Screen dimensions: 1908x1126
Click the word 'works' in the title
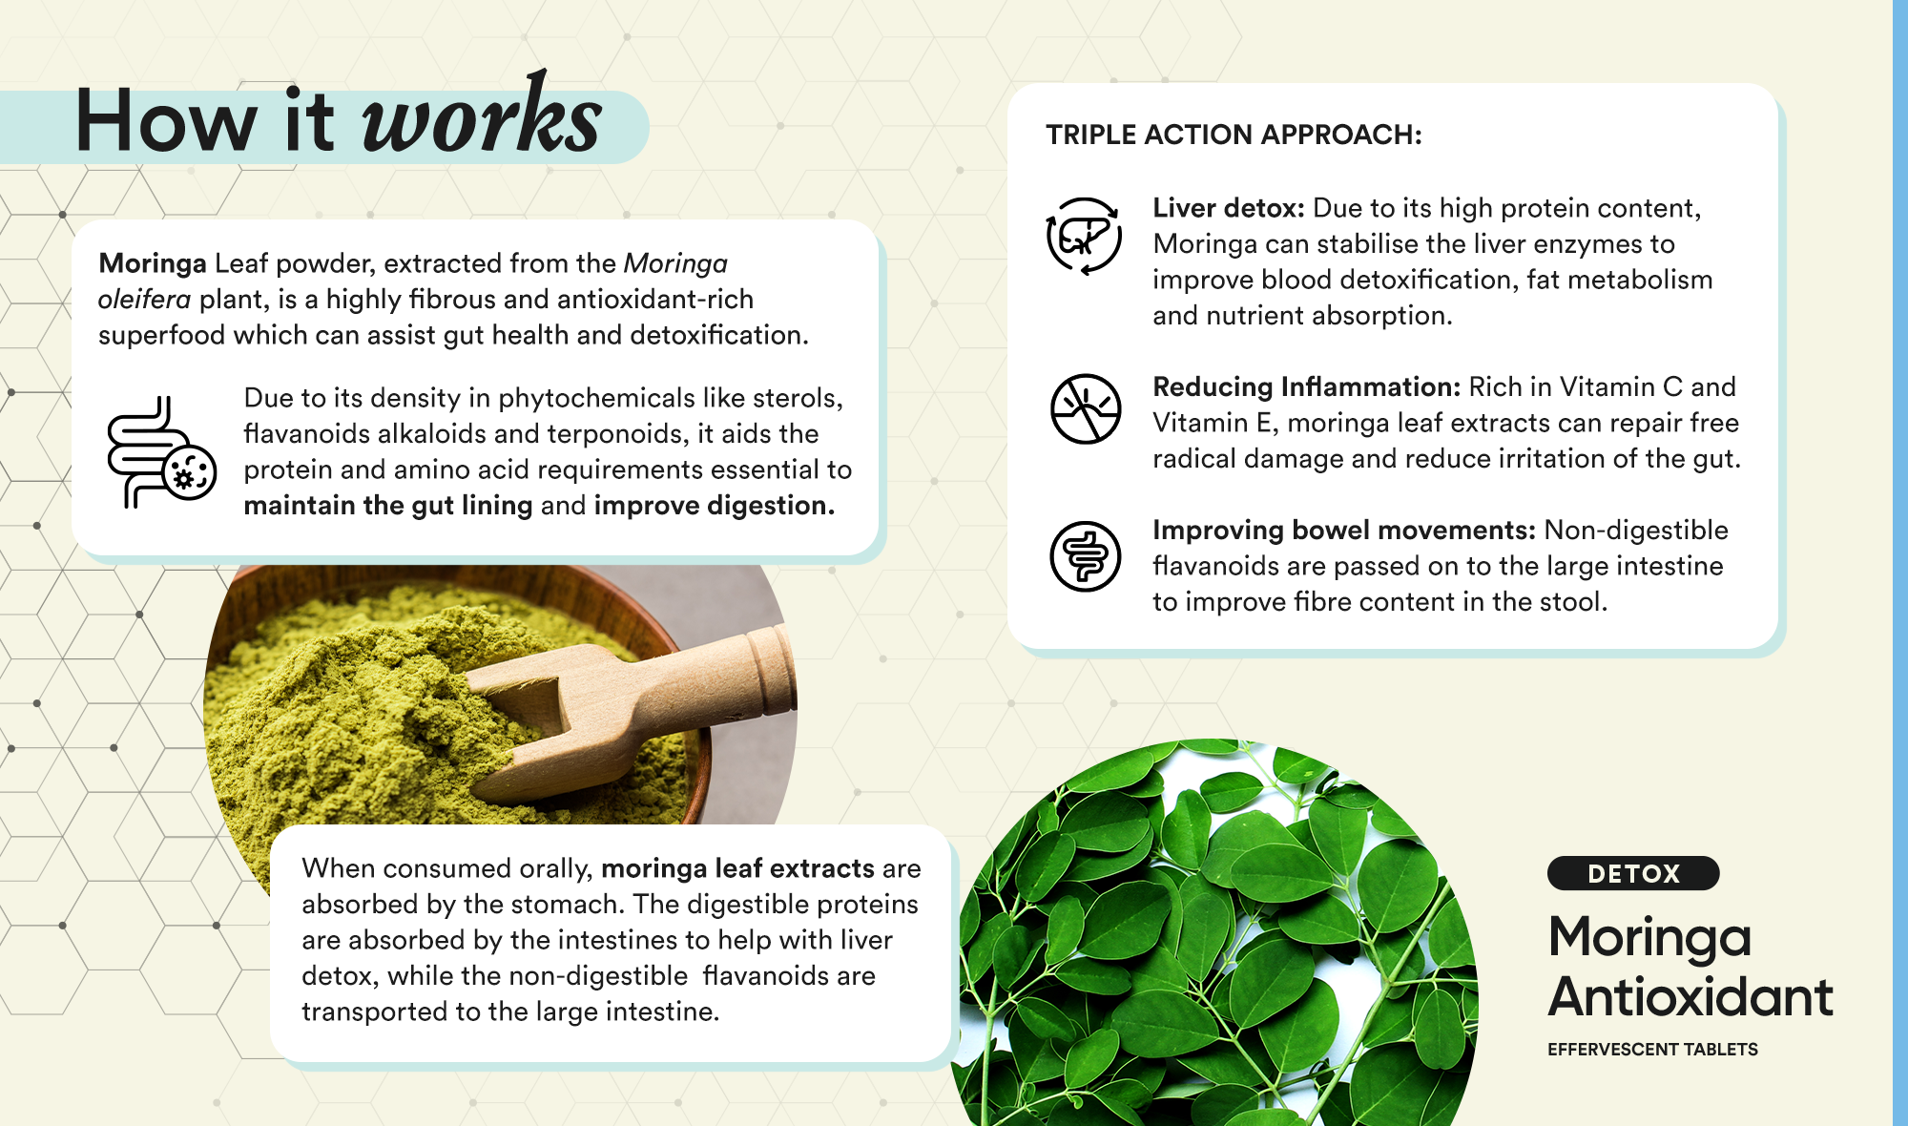(482, 117)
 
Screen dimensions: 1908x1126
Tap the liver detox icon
(1085, 236)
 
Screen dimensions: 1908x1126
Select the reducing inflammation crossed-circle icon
(1086, 408)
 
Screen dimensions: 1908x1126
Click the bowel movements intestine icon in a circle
(1086, 556)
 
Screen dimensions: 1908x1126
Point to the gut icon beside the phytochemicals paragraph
(161, 452)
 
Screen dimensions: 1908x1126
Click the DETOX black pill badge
(1633, 873)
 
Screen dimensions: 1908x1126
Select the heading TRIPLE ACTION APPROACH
(1234, 135)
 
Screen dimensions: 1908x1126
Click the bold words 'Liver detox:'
(1229, 208)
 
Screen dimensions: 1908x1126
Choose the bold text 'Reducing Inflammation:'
(1307, 386)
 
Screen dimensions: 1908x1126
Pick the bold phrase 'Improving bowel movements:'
(1344, 531)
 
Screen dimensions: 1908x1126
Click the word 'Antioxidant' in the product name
(1690, 997)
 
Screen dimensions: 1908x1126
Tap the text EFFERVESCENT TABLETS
(1652, 1050)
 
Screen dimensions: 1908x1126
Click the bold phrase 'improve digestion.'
(715, 505)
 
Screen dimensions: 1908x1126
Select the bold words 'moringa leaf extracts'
(737, 868)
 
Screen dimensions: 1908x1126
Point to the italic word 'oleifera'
(144, 300)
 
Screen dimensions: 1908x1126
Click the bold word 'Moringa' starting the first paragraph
(153, 264)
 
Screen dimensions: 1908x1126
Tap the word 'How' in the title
(167, 121)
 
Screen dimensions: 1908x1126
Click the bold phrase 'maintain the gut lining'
(388, 505)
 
